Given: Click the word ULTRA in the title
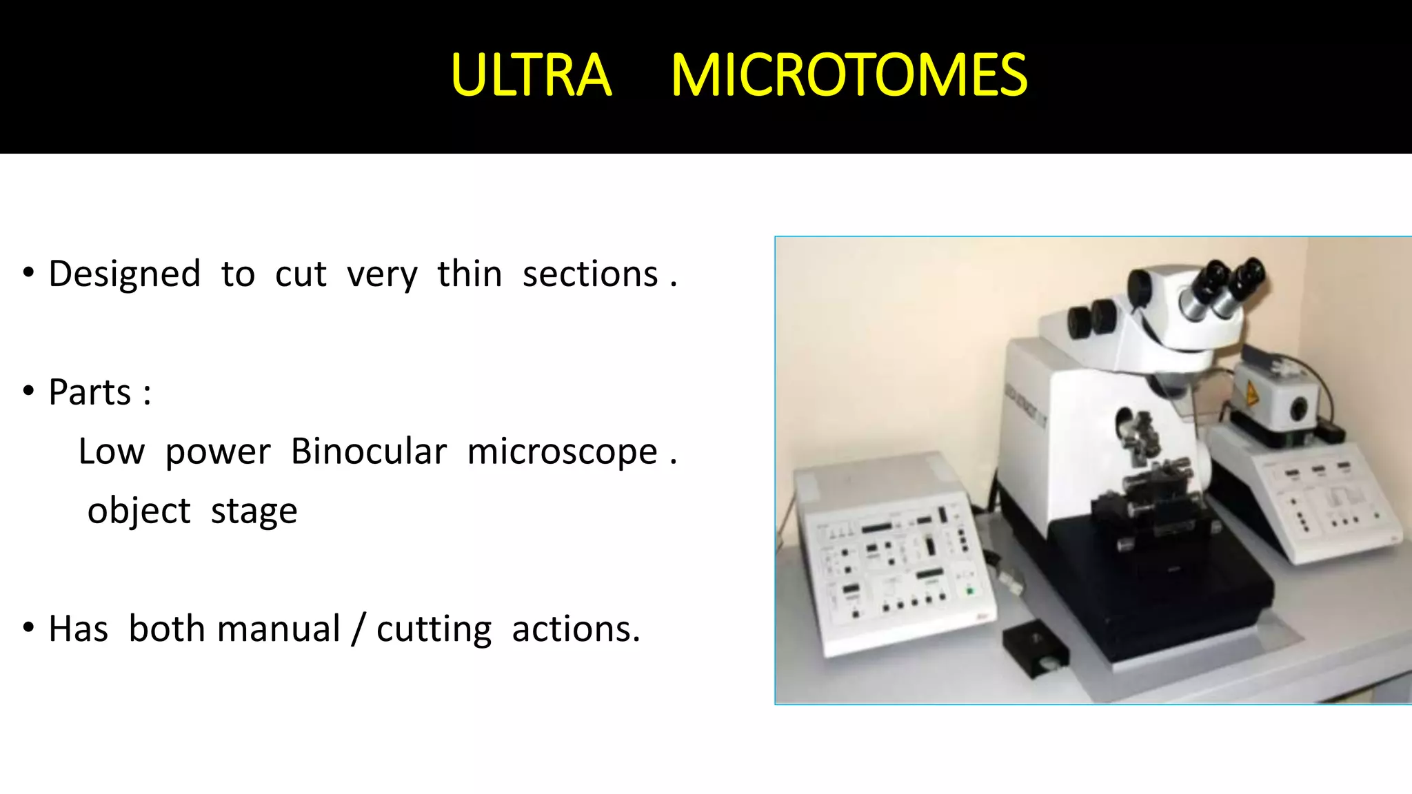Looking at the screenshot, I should [531, 75].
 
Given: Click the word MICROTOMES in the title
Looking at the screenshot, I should [849, 75].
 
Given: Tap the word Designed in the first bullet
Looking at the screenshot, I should [125, 274].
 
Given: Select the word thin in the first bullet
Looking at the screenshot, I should [470, 274].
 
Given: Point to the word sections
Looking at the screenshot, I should [590, 274].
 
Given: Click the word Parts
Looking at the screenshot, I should [90, 393].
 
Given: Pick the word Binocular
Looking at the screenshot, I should [369, 452].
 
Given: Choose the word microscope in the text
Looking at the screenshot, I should [563, 452].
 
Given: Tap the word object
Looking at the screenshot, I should [139, 511].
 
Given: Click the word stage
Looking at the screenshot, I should [254, 511].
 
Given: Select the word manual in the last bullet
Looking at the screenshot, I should [279, 629].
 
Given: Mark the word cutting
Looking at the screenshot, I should [434, 629].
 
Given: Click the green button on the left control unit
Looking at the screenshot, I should [969, 591].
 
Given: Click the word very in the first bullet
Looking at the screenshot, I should [382, 274].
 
